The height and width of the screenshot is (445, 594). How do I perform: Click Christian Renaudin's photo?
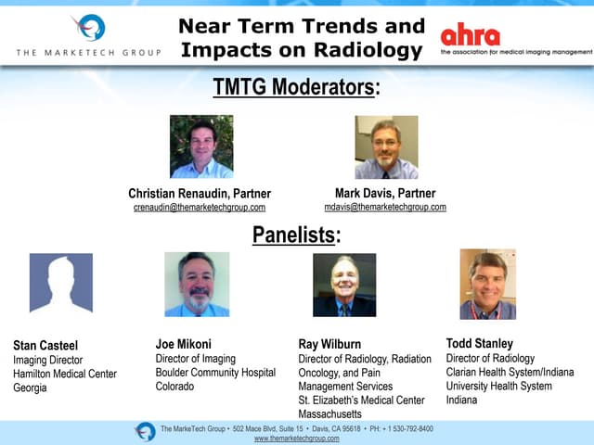200,146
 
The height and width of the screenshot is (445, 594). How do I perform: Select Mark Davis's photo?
386,146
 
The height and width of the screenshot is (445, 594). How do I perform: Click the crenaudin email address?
200,208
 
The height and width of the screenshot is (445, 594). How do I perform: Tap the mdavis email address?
385,207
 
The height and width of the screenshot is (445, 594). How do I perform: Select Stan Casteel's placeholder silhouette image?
61,285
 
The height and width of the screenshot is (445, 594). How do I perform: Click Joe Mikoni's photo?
197,285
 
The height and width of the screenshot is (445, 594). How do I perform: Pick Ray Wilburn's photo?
344,285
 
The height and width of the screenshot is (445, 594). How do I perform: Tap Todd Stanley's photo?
487,284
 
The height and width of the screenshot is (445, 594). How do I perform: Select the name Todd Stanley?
480,343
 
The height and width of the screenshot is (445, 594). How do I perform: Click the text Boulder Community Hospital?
215,373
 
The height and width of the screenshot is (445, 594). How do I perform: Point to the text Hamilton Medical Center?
65,375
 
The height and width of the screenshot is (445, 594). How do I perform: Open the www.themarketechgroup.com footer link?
296,439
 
